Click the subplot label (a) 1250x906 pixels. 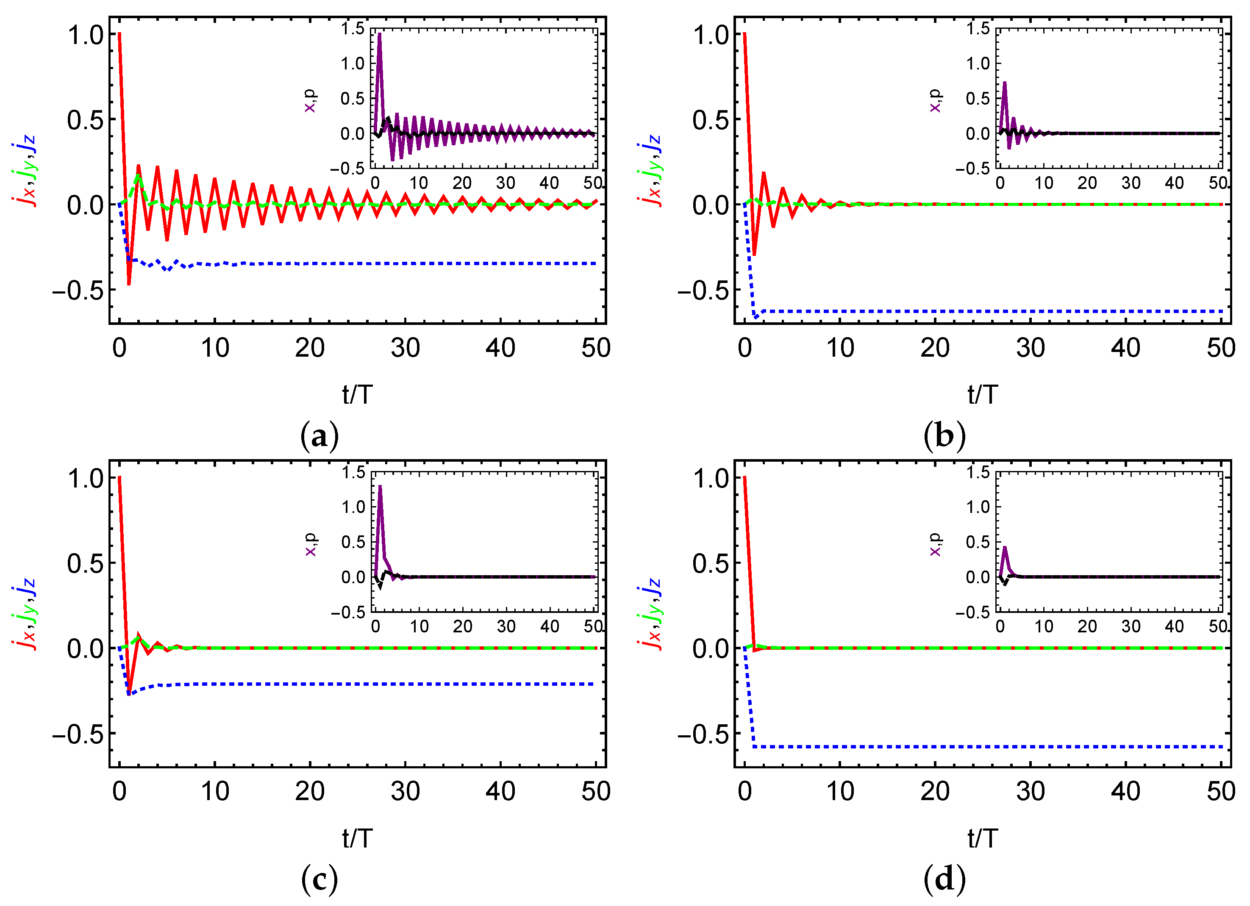319,436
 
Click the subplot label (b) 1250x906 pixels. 944,436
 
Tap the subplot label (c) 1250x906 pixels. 319,880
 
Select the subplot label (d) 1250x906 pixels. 944,880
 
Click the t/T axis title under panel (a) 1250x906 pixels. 357,395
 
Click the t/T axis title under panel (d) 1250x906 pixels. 983,838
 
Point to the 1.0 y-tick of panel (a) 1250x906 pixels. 86,35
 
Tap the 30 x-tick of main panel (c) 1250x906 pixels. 405,791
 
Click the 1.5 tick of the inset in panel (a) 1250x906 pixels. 353,28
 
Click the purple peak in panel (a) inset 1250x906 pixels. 379,34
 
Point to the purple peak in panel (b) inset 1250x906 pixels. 1004,83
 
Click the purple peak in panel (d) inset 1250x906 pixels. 1004,547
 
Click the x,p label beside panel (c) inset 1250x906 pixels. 311,544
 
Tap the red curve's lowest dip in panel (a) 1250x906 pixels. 129,284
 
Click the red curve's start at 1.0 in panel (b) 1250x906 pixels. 744,34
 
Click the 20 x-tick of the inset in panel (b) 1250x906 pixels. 1087,183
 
